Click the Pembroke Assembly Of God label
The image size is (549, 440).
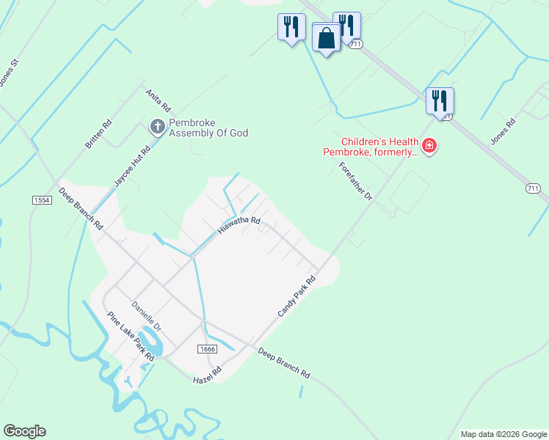point(208,128)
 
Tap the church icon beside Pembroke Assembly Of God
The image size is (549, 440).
point(157,128)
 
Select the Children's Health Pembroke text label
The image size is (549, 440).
point(370,147)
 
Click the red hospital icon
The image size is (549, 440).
point(429,147)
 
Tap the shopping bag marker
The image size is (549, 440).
point(326,37)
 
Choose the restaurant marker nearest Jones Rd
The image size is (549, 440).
point(440,102)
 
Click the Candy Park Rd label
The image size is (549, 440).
point(296,296)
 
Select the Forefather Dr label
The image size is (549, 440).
point(357,181)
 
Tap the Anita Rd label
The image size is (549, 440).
point(158,100)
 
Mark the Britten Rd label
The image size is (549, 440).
point(98,133)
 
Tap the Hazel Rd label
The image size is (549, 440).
point(207,376)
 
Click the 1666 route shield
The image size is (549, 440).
point(207,349)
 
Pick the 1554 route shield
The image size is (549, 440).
point(42,199)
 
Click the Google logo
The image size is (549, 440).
point(24,431)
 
